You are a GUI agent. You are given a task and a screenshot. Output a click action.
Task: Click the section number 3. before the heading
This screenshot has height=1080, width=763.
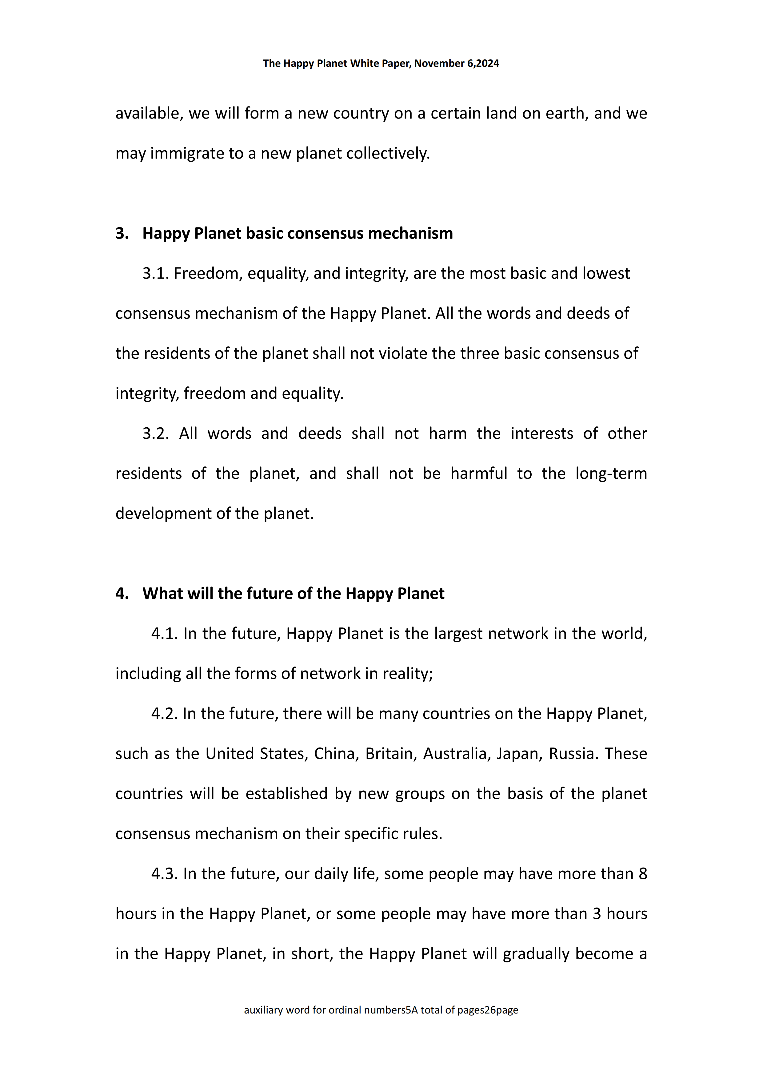[x=122, y=233]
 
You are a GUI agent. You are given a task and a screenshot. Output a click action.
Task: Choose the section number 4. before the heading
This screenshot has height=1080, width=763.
[x=122, y=594]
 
